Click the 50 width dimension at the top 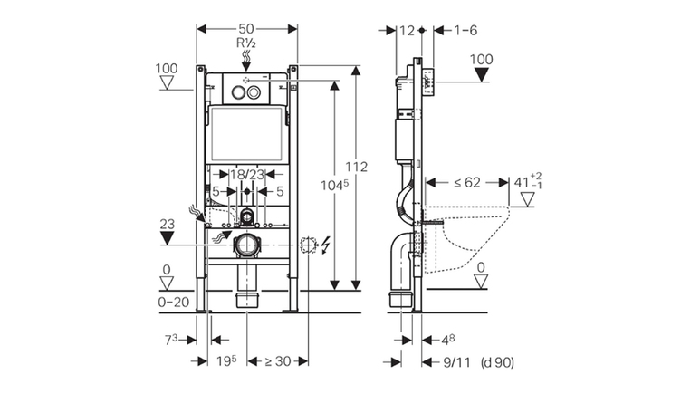pos(246,29)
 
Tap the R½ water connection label pos(246,43)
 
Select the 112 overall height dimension pos(356,167)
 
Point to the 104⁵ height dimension pos(334,185)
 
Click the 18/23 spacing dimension pos(247,175)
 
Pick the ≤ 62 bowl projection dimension pos(467,182)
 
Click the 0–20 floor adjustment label pos(174,303)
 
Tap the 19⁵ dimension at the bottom pos(226,361)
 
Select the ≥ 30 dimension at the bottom pos(278,361)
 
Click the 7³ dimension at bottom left pos(171,340)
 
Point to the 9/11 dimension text pos(456,362)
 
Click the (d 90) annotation pos(497,362)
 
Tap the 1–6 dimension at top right pos(465,31)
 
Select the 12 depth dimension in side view pos(407,31)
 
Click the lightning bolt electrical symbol pos(325,245)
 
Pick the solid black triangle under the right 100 pos(481,74)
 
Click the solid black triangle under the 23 pos(167,237)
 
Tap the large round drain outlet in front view pos(245,245)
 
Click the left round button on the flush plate pos(238,92)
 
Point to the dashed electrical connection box pos(308,245)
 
